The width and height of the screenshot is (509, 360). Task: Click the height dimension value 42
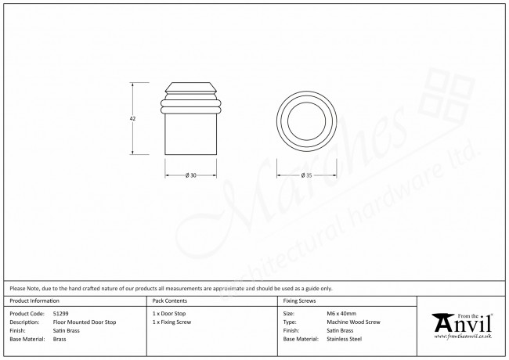pos(132,119)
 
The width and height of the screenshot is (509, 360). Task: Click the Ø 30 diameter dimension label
pos(191,175)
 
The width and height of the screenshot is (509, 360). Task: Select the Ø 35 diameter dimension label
pos(306,175)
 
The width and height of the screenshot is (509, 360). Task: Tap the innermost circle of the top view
pos(306,103)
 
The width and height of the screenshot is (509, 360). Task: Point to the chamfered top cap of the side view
pos(191,87)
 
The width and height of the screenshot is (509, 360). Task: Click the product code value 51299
pos(61,314)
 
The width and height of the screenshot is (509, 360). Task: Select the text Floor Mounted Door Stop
pos(85,322)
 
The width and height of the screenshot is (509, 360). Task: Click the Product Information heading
pos(34,301)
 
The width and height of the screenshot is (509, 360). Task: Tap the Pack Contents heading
pos(170,301)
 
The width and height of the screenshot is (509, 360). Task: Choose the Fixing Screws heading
pos(299,301)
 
